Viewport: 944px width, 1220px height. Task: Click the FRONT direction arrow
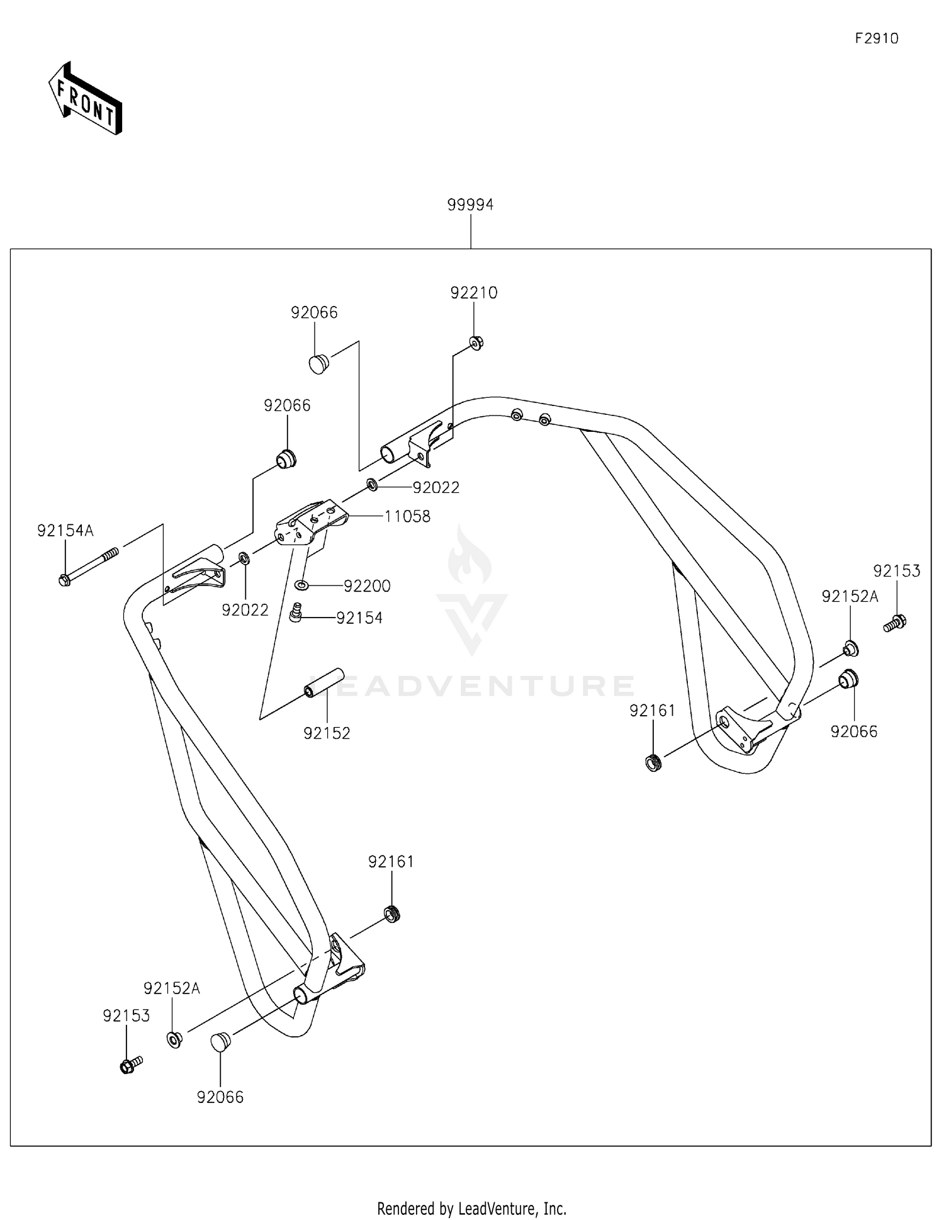tap(85, 99)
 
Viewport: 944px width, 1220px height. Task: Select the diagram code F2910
tap(876, 38)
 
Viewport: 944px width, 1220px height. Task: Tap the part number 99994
tap(470, 205)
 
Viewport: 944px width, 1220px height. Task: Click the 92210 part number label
tap(473, 293)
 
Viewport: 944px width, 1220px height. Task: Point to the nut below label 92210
tap(476, 343)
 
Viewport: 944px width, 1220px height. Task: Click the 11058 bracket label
tap(407, 516)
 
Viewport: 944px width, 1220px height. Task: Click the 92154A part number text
tap(65, 531)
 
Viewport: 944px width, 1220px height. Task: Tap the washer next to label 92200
tap(302, 585)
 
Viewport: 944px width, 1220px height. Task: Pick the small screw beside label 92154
tap(296, 612)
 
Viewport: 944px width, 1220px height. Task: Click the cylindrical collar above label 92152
tap(324, 683)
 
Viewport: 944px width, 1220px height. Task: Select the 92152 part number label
tap(327, 733)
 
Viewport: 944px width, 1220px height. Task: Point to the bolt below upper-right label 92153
tap(894, 623)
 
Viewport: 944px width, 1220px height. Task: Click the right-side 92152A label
tap(850, 596)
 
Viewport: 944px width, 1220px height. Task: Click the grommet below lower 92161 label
tap(392, 913)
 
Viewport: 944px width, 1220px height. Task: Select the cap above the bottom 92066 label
tap(220, 1042)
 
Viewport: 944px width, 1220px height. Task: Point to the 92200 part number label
tap(367, 586)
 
